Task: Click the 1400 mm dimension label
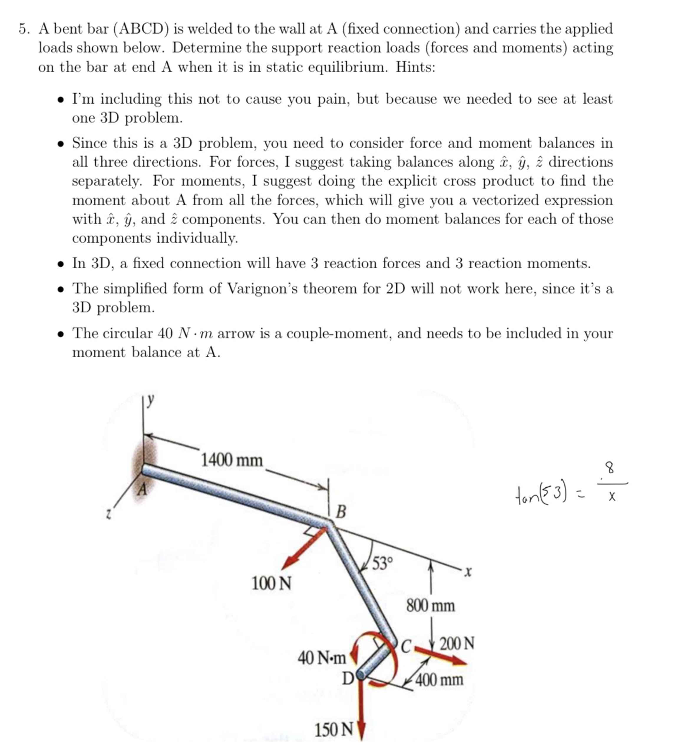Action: point(232,460)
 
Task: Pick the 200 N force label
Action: point(457,643)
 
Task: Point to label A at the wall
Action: point(142,489)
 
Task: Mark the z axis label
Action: point(108,515)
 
